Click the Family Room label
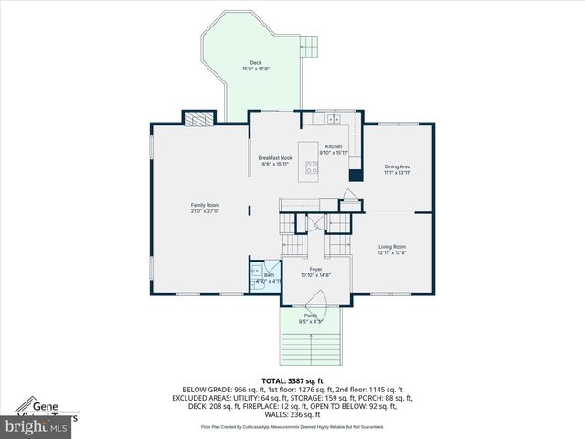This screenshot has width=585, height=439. click(205, 207)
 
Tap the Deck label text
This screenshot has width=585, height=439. click(256, 66)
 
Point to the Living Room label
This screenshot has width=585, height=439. click(392, 250)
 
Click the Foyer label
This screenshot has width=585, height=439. click(315, 272)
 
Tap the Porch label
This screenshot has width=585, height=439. click(312, 318)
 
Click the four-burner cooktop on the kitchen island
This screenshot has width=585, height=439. click(313, 167)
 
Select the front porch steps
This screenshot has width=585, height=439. click(311, 348)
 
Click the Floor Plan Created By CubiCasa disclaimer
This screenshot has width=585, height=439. click(292, 426)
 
